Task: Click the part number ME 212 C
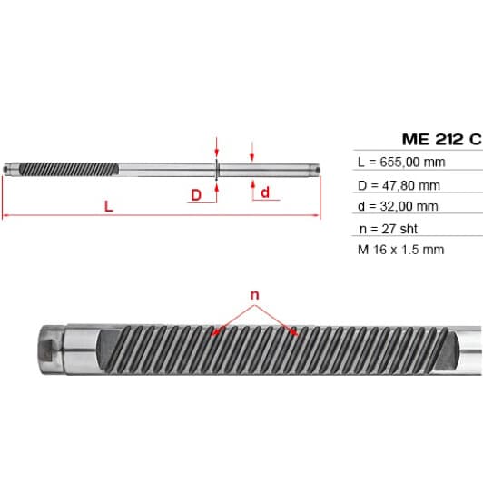pyautogui.click(x=442, y=139)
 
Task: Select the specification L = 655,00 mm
pyautogui.click(x=401, y=162)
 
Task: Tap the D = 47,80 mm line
pyautogui.click(x=399, y=185)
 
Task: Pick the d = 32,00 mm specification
pyautogui.click(x=398, y=206)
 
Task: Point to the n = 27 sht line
pyautogui.click(x=389, y=229)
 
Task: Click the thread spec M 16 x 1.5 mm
pyautogui.click(x=400, y=250)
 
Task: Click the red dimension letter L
pyautogui.click(x=108, y=206)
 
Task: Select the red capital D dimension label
pyautogui.click(x=196, y=195)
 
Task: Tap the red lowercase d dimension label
pyautogui.click(x=265, y=192)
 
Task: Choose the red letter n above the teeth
pyautogui.click(x=255, y=295)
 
